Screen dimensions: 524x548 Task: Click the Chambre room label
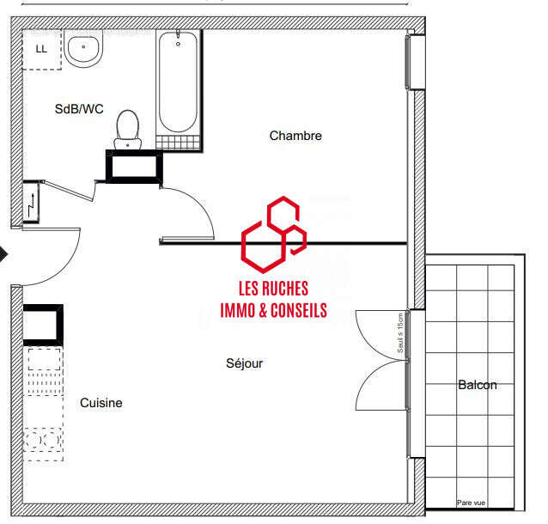(x=295, y=136)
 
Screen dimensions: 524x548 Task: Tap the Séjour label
(x=244, y=363)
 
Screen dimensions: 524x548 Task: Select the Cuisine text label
(x=101, y=403)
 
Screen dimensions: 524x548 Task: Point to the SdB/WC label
(x=79, y=109)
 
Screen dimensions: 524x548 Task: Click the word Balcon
(x=477, y=385)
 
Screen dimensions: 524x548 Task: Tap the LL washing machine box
(x=41, y=50)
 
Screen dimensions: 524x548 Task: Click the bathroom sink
(x=84, y=50)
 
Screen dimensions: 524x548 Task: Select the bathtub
(x=179, y=86)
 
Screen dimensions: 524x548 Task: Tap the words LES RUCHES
(x=273, y=289)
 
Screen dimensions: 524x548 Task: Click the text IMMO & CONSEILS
(x=273, y=311)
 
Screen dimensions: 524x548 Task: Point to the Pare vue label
(x=471, y=503)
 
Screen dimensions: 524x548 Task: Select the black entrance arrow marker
(x=3, y=254)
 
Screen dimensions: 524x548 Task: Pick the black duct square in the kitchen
(x=42, y=325)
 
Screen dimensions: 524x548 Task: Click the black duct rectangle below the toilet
(x=132, y=167)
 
